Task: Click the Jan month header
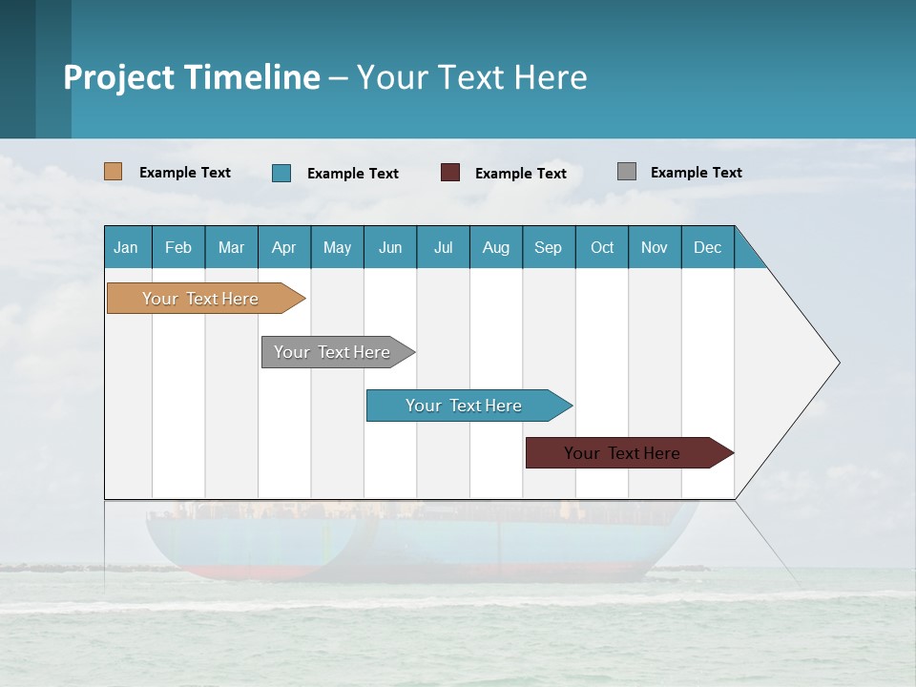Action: coord(127,247)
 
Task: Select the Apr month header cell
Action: coord(284,247)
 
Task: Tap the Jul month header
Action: coord(444,247)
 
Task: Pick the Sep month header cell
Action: coord(549,247)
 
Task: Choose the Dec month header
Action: coord(707,247)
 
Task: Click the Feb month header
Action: coord(178,247)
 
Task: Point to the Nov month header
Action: coord(655,247)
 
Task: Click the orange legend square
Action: coord(114,172)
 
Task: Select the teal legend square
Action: coord(281,173)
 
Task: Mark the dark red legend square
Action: coord(450,173)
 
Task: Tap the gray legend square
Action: coord(627,172)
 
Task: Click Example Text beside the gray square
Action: coord(696,173)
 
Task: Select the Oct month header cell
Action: coord(602,247)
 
